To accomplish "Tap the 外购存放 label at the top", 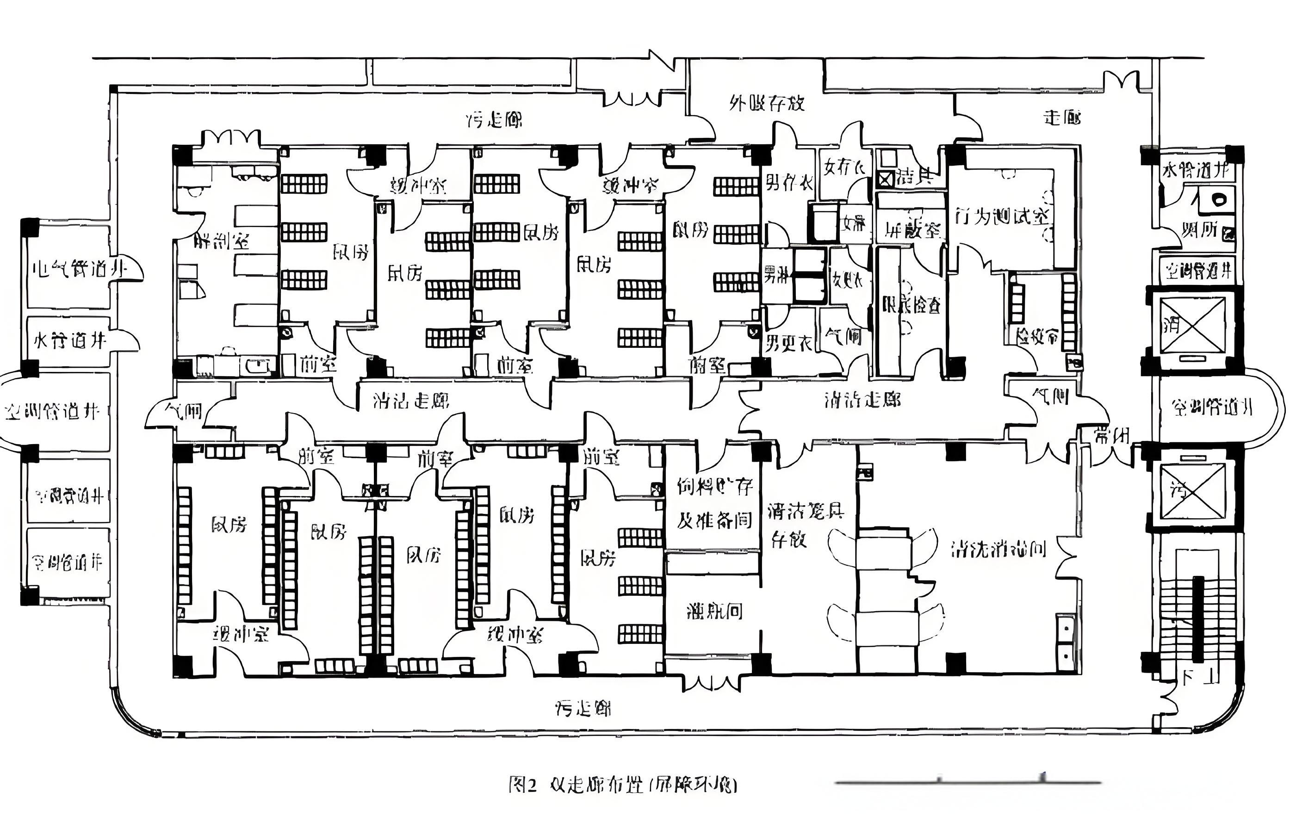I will pos(767,103).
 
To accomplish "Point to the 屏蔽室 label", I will pos(912,229).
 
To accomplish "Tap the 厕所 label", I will pos(1200,230).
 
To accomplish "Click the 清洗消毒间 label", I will pos(998,549).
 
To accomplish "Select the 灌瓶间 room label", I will pos(714,611).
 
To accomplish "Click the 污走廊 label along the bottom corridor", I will pos(583,708).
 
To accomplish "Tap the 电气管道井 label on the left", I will pos(80,269).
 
